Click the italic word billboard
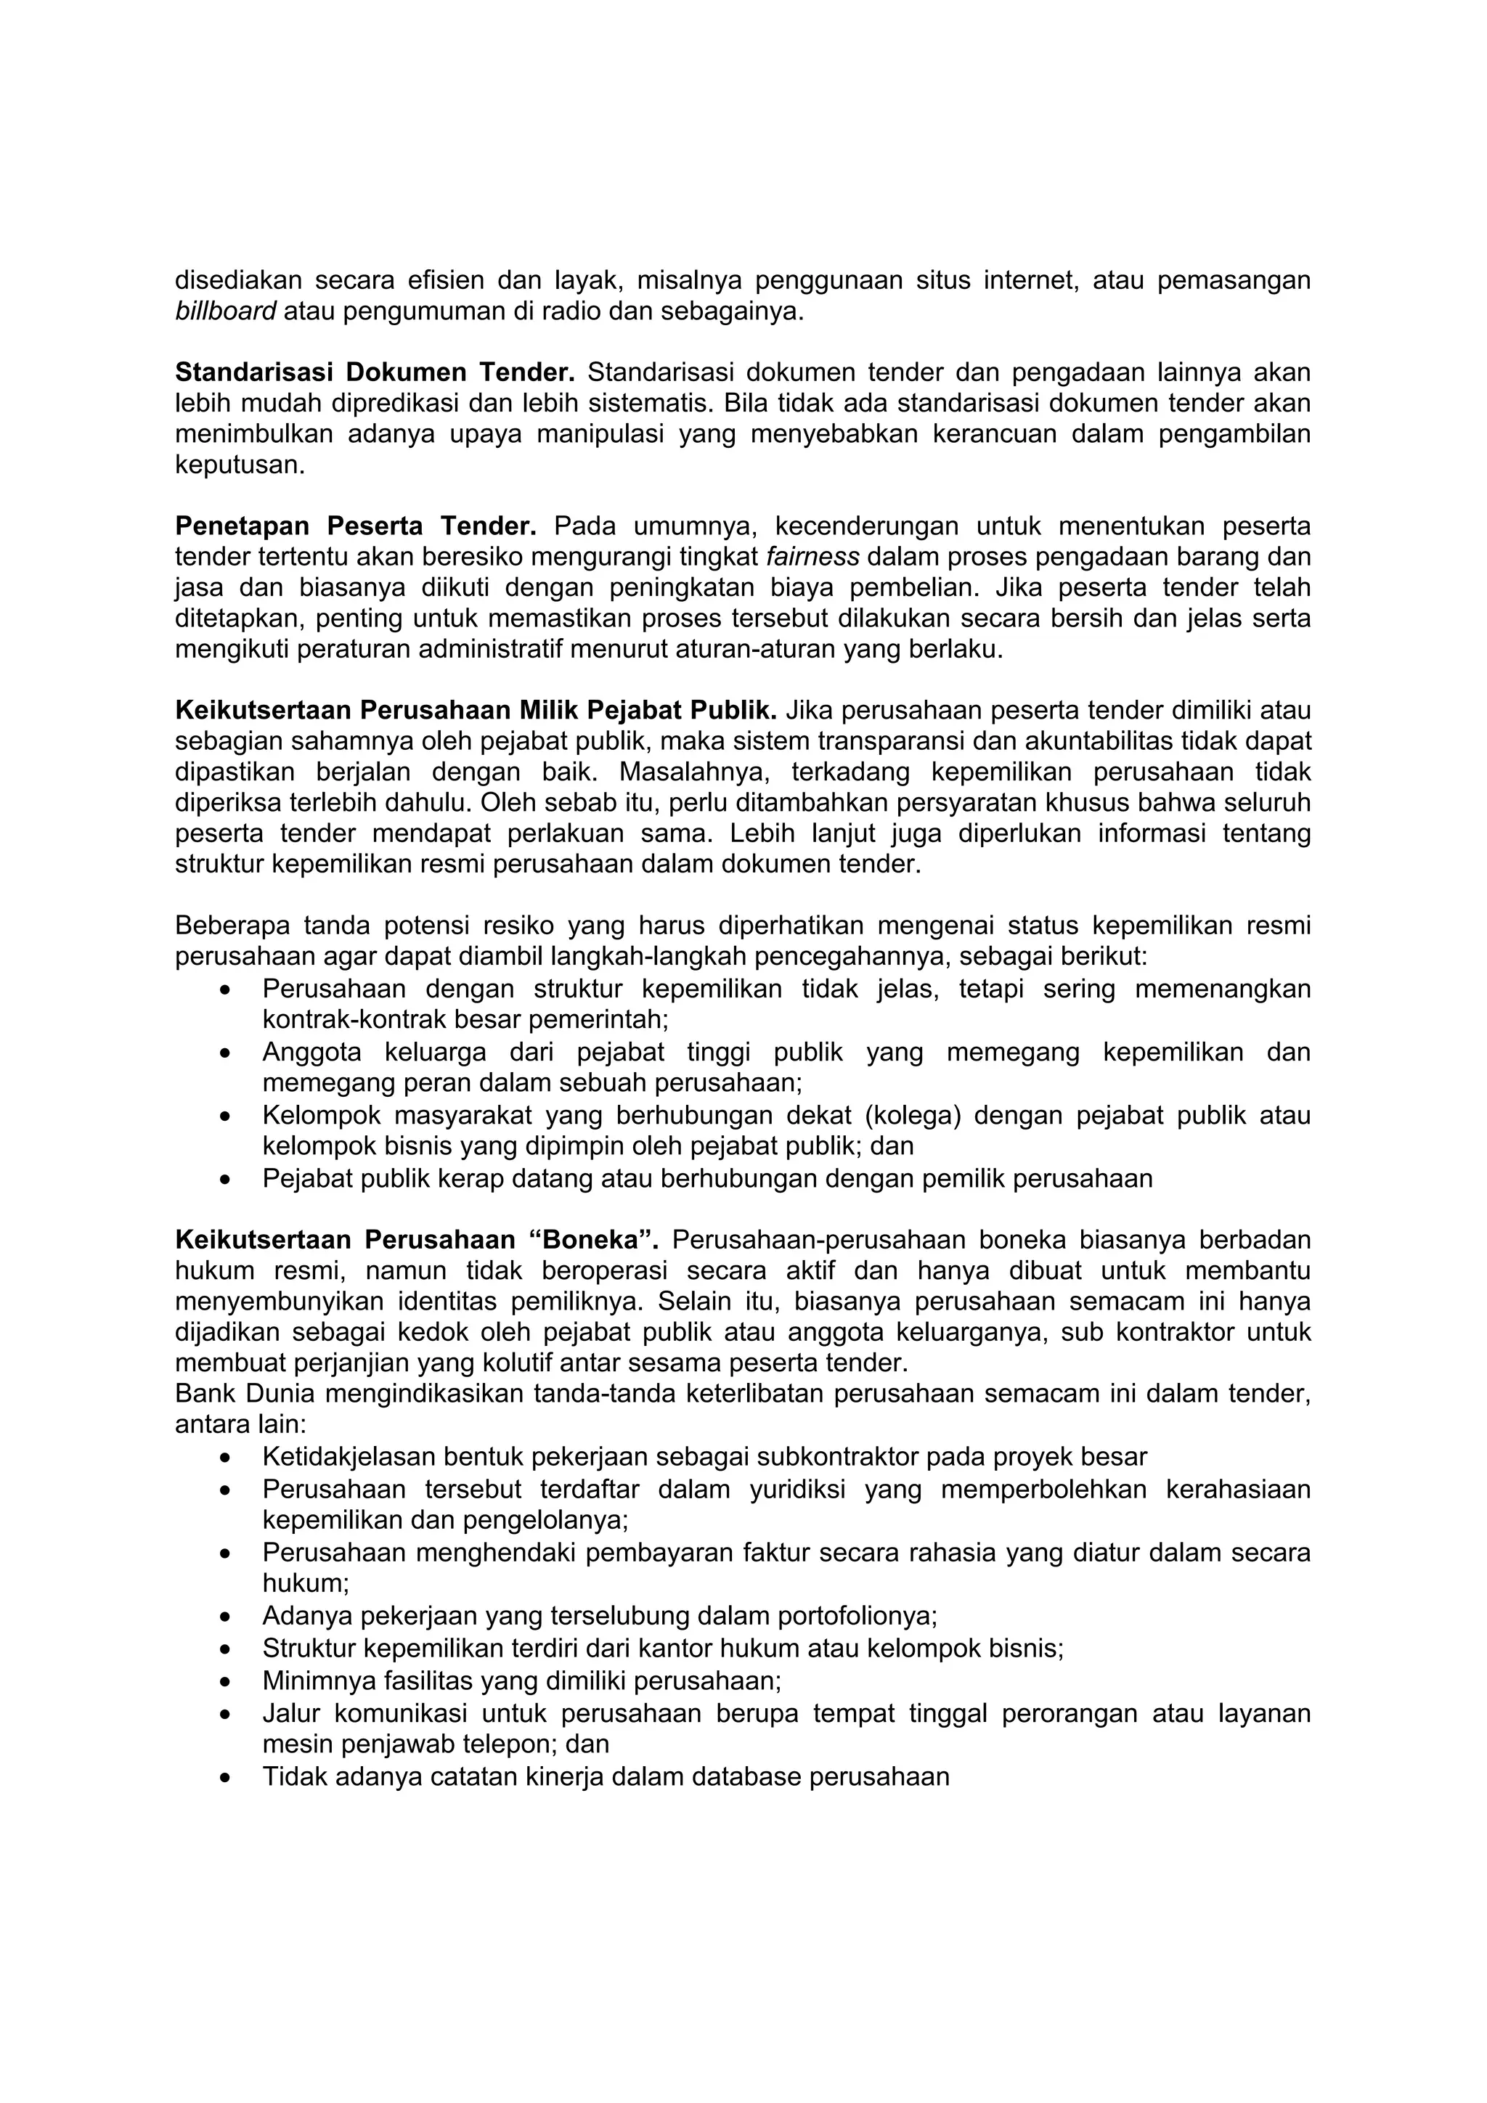[x=225, y=312]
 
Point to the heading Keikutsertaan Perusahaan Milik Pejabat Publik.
[x=476, y=710]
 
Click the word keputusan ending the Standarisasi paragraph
[x=239, y=465]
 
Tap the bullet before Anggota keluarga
[x=225, y=1054]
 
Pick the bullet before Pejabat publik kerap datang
[x=225, y=1179]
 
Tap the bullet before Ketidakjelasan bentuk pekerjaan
[x=225, y=1457]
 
